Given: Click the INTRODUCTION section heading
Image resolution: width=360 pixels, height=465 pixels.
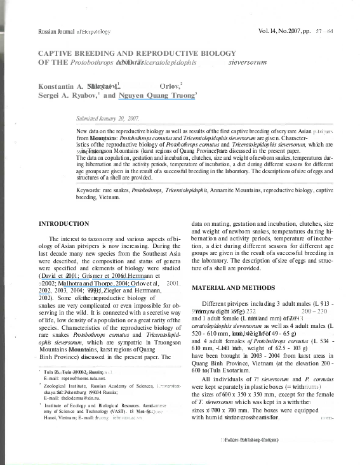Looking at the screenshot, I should (64, 224).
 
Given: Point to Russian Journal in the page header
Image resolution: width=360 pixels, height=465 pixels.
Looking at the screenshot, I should (57, 31).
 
